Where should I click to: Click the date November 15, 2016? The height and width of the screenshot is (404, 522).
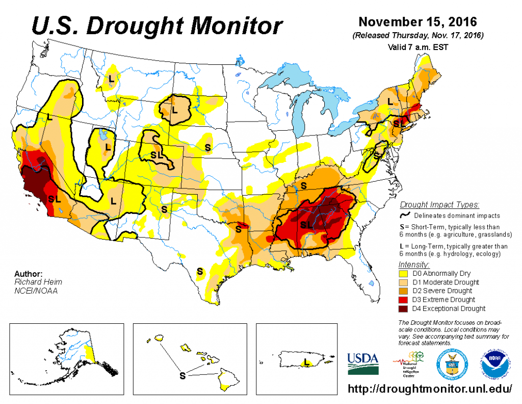(417, 22)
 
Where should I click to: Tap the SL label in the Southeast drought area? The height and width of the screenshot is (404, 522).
(307, 225)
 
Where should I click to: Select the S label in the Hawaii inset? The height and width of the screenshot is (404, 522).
(182, 375)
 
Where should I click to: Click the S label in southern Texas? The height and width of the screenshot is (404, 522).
(200, 271)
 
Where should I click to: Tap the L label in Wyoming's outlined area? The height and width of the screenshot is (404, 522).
(174, 109)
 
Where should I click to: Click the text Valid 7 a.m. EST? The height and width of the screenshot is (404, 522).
(417, 46)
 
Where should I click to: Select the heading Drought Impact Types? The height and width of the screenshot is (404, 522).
(439, 205)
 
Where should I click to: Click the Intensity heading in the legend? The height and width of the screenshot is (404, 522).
(413, 265)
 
